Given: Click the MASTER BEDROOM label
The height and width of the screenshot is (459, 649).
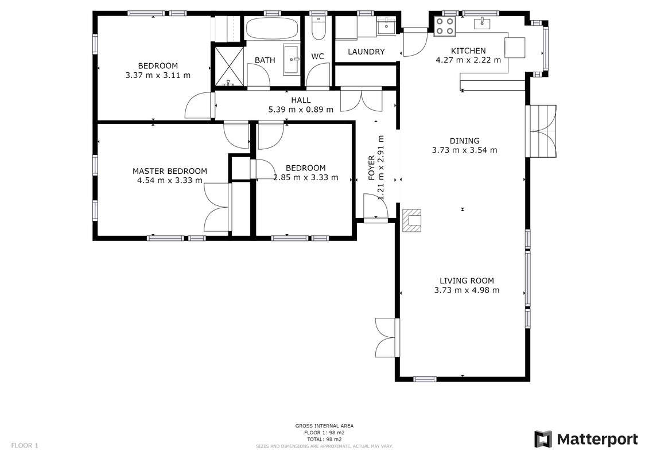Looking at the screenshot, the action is click(170, 171).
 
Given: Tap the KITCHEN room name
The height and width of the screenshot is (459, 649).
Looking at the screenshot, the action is click(468, 51).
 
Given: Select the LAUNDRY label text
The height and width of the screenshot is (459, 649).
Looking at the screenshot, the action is click(366, 52).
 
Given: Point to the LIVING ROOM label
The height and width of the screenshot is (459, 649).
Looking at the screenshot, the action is click(467, 281).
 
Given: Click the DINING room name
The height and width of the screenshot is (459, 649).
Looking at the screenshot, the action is click(464, 141).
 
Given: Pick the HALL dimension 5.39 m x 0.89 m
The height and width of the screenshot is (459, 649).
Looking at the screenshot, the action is click(301, 110).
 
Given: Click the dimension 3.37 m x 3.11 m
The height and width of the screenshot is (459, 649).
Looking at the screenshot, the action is click(158, 75).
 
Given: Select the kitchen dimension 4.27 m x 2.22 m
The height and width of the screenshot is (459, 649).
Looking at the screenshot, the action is click(468, 60).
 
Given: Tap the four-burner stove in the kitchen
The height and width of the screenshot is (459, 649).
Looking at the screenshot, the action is click(445, 26).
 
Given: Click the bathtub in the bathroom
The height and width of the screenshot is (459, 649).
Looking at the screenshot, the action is click(271, 28).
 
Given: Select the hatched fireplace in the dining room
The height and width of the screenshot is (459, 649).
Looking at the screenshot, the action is click(412, 220).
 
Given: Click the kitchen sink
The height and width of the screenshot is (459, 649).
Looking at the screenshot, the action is click(482, 23).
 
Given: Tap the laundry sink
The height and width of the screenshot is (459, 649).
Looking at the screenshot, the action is click(387, 26).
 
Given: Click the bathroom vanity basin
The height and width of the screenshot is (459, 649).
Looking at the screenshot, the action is click(292, 60).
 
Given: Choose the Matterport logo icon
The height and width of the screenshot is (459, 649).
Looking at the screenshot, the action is click(543, 439).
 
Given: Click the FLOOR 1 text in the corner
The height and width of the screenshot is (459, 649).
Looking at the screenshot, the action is click(25, 446).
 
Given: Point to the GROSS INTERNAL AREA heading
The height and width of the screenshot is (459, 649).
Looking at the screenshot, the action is click(324, 426).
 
